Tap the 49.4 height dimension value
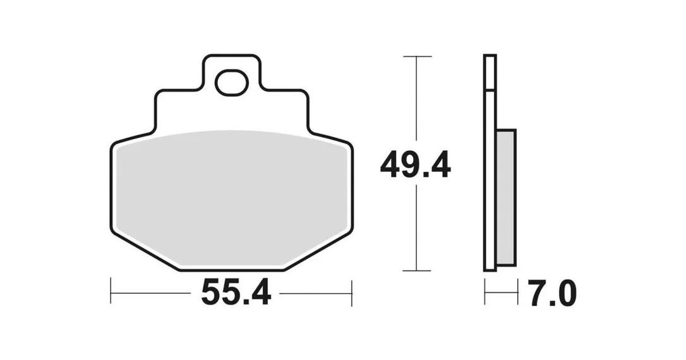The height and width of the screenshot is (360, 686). (x=415, y=165)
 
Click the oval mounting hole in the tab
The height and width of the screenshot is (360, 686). (x=231, y=82)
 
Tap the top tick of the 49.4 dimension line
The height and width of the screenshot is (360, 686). (x=417, y=56)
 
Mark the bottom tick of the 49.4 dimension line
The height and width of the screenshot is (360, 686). (x=417, y=271)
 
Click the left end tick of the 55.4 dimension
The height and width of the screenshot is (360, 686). (x=111, y=291)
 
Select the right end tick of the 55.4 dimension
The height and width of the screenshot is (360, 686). (x=352, y=293)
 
